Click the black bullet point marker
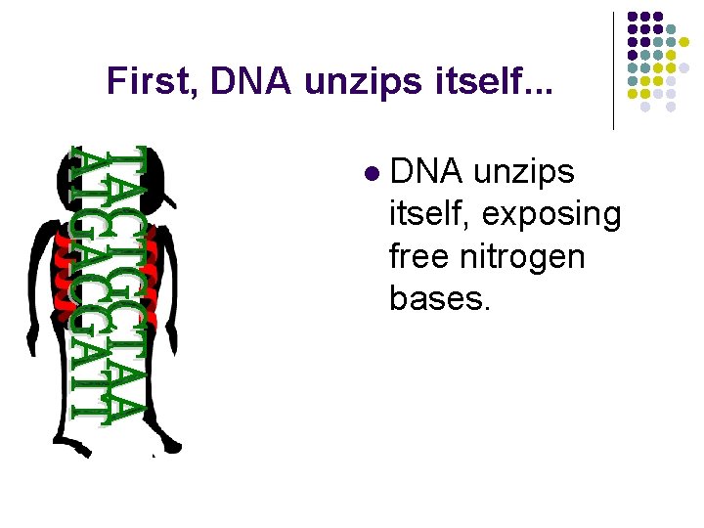(x=370, y=174)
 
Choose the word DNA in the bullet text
(x=426, y=173)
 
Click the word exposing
(x=562, y=215)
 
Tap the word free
(x=422, y=257)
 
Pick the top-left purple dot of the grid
(x=632, y=17)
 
